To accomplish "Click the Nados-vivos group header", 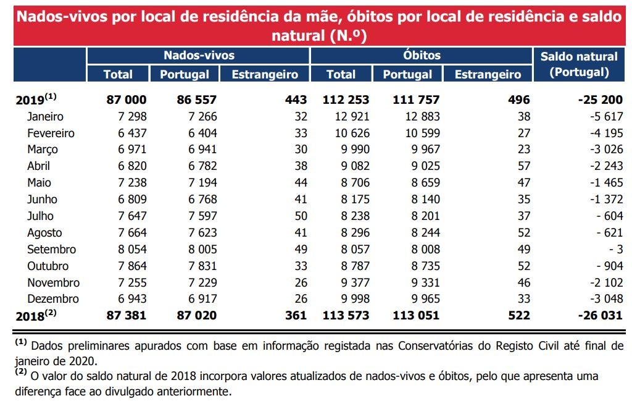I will point(199,55).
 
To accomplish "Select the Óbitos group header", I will point(422,55).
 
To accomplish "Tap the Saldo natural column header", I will point(578,64).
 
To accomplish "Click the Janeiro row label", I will point(45,116).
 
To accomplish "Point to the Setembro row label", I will point(52,250).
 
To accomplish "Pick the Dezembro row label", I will point(53,299).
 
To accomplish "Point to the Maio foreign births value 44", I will point(300,183).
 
